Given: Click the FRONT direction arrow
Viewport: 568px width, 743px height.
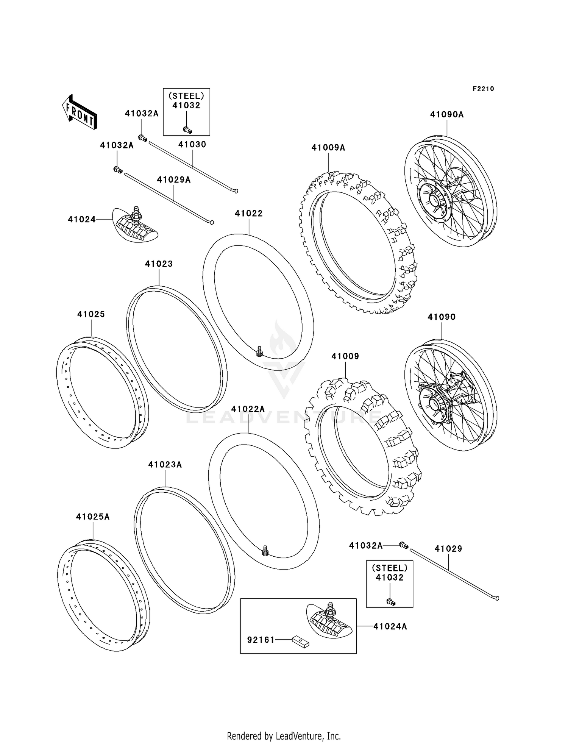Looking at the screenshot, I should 80,112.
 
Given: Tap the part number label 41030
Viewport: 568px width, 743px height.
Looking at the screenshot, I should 192,144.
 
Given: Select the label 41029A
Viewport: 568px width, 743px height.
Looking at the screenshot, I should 174,180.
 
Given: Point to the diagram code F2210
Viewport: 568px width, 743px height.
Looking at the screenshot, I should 483,89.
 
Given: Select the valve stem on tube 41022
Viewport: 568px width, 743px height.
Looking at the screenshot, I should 259,351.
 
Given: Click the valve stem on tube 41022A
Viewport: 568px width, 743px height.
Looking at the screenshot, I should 265,551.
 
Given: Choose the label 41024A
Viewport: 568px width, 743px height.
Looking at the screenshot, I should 390,627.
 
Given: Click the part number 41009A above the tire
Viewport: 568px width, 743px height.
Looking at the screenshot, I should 328,148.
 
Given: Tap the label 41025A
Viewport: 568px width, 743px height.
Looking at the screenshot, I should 93,517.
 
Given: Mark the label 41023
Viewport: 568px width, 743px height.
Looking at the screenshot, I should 159,264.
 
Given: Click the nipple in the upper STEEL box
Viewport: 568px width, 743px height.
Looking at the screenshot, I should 187,130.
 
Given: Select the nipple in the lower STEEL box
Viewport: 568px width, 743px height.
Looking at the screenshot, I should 390,602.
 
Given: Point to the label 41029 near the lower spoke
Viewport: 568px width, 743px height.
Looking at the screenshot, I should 448,549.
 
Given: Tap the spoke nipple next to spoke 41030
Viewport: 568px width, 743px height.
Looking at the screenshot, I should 143,138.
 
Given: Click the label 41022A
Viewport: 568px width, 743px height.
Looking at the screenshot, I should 248,409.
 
